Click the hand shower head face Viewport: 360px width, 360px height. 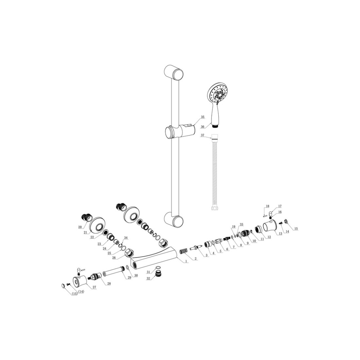tap(217, 94)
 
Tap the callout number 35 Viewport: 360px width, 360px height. tap(203, 117)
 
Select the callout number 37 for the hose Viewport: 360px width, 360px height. tap(202, 135)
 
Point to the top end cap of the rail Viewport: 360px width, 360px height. tap(174, 72)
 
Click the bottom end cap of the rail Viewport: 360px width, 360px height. tap(174, 219)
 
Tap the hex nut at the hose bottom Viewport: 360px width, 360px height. tap(214, 208)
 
